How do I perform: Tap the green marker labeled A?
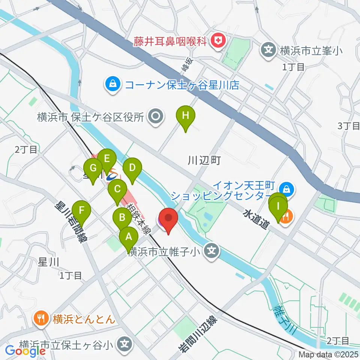tap(128, 237)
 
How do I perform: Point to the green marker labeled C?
tap(117, 189)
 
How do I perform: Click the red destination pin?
tap(168, 218)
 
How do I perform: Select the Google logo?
tap(25, 351)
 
